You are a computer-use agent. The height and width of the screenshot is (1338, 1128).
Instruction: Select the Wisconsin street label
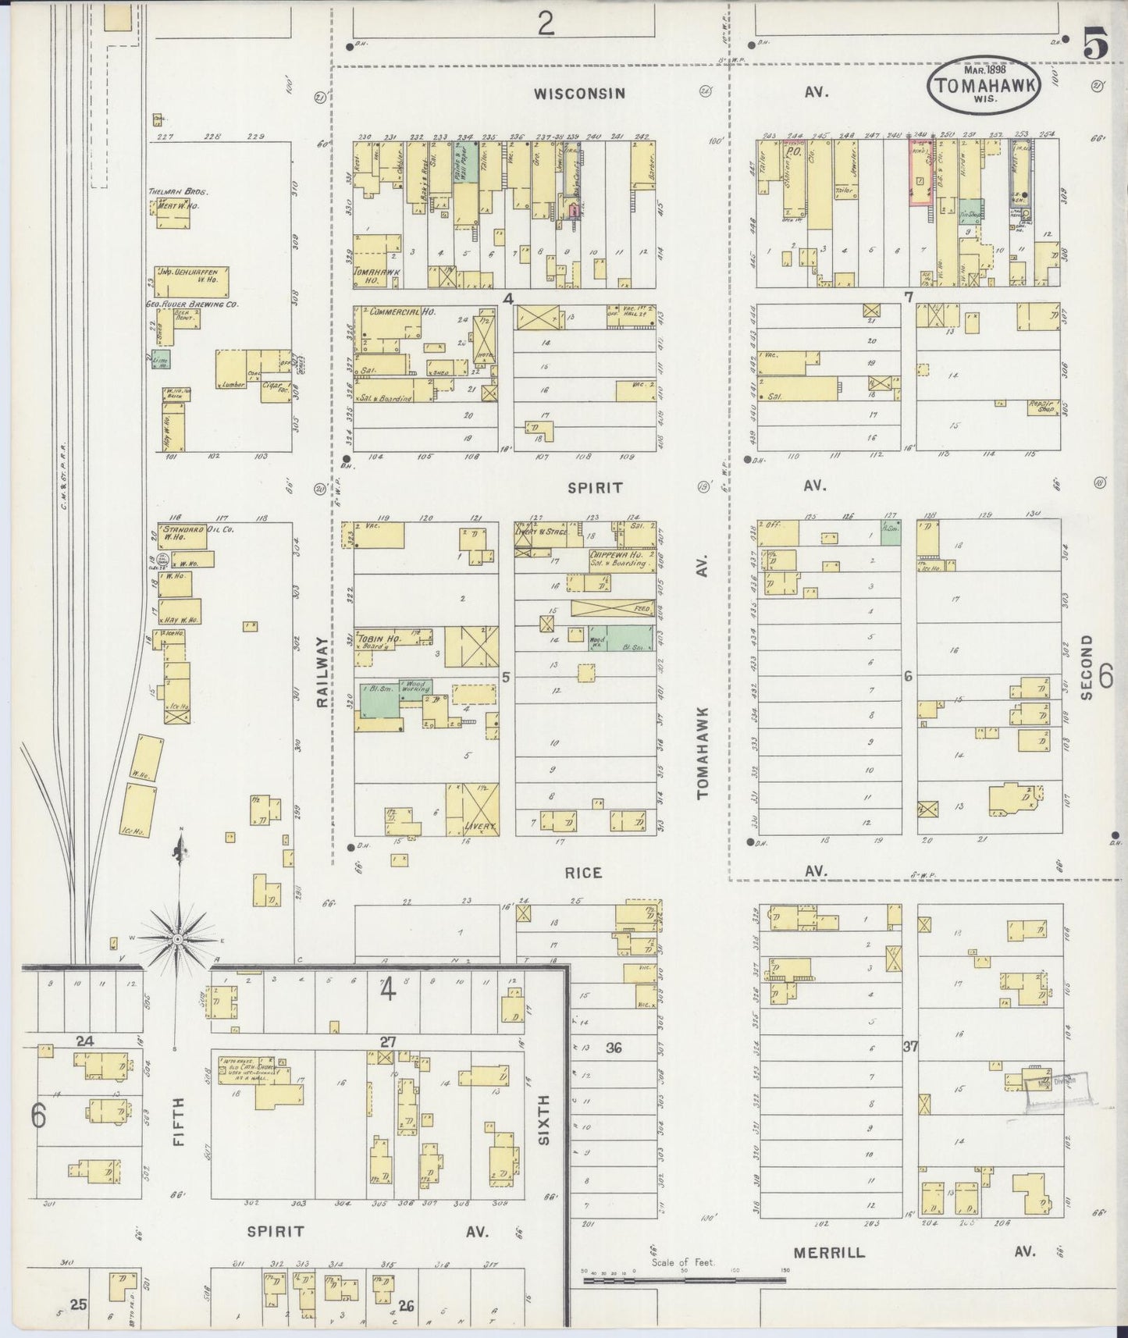tap(579, 94)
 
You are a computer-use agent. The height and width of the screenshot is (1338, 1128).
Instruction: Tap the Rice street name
tap(583, 872)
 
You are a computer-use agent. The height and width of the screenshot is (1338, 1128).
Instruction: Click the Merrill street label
tap(829, 1252)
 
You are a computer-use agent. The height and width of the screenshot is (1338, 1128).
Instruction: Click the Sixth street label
tap(543, 1119)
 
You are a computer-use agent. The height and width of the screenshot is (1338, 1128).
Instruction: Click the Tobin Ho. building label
tap(379, 639)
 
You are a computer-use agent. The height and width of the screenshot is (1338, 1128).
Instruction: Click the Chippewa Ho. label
tap(621, 557)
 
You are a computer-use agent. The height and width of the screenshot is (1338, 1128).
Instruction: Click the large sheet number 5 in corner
tap(1095, 43)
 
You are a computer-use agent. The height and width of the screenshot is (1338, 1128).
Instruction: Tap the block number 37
tap(910, 1048)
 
